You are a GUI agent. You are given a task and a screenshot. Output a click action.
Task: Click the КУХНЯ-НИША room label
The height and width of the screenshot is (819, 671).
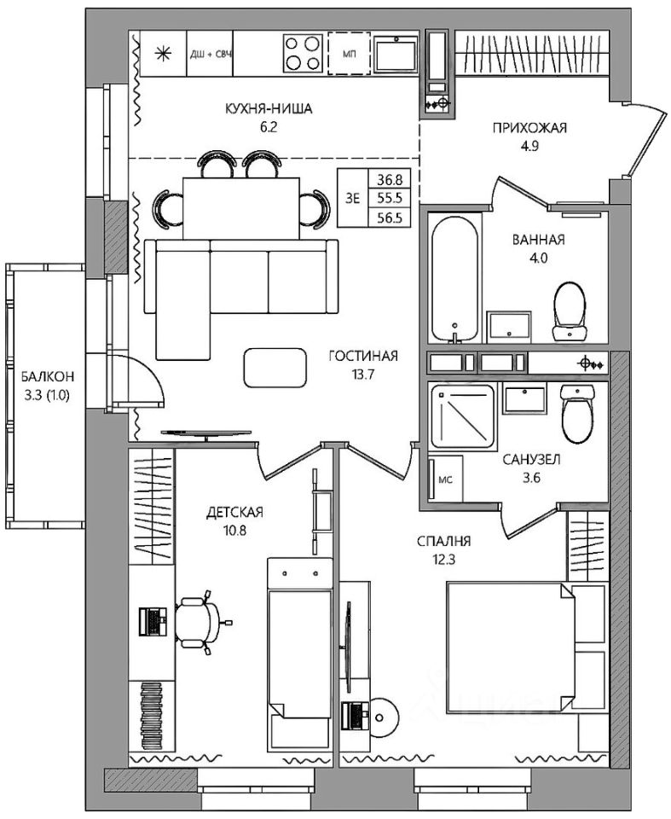coord(269,108)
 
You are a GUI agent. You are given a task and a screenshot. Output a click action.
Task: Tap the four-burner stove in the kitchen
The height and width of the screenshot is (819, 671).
coord(304,53)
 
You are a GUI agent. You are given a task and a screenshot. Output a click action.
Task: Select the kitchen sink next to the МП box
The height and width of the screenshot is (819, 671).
coord(396,53)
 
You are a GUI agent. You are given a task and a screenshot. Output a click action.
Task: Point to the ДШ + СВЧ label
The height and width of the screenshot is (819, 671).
coord(210,54)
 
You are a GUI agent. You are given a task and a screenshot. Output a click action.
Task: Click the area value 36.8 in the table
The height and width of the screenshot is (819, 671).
coord(390,180)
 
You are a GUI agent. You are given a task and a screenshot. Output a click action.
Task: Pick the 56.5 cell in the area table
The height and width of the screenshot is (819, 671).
coord(390,218)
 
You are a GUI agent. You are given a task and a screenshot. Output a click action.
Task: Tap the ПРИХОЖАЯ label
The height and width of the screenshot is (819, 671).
coord(529,128)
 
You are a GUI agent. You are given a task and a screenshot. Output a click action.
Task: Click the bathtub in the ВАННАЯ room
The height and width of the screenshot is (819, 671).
coord(454,280)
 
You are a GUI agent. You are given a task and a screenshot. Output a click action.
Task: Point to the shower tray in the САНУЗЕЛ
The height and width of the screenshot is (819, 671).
coord(461,416)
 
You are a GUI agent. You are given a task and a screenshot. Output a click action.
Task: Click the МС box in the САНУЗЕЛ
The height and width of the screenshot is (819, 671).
coord(445,479)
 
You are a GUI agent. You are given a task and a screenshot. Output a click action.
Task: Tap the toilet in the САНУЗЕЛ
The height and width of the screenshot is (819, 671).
coord(577,413)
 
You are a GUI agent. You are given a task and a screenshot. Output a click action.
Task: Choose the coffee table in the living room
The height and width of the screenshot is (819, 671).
coord(275,368)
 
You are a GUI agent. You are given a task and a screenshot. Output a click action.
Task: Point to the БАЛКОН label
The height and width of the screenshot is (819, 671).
coord(47,376)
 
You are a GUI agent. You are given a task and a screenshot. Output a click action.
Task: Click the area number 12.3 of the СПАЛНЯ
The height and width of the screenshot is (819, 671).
coord(444,560)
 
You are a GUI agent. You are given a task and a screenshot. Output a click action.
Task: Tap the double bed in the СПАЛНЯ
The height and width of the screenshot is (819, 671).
coord(512,648)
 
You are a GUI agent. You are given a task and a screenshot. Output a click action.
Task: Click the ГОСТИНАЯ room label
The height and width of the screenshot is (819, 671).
coord(363,357)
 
